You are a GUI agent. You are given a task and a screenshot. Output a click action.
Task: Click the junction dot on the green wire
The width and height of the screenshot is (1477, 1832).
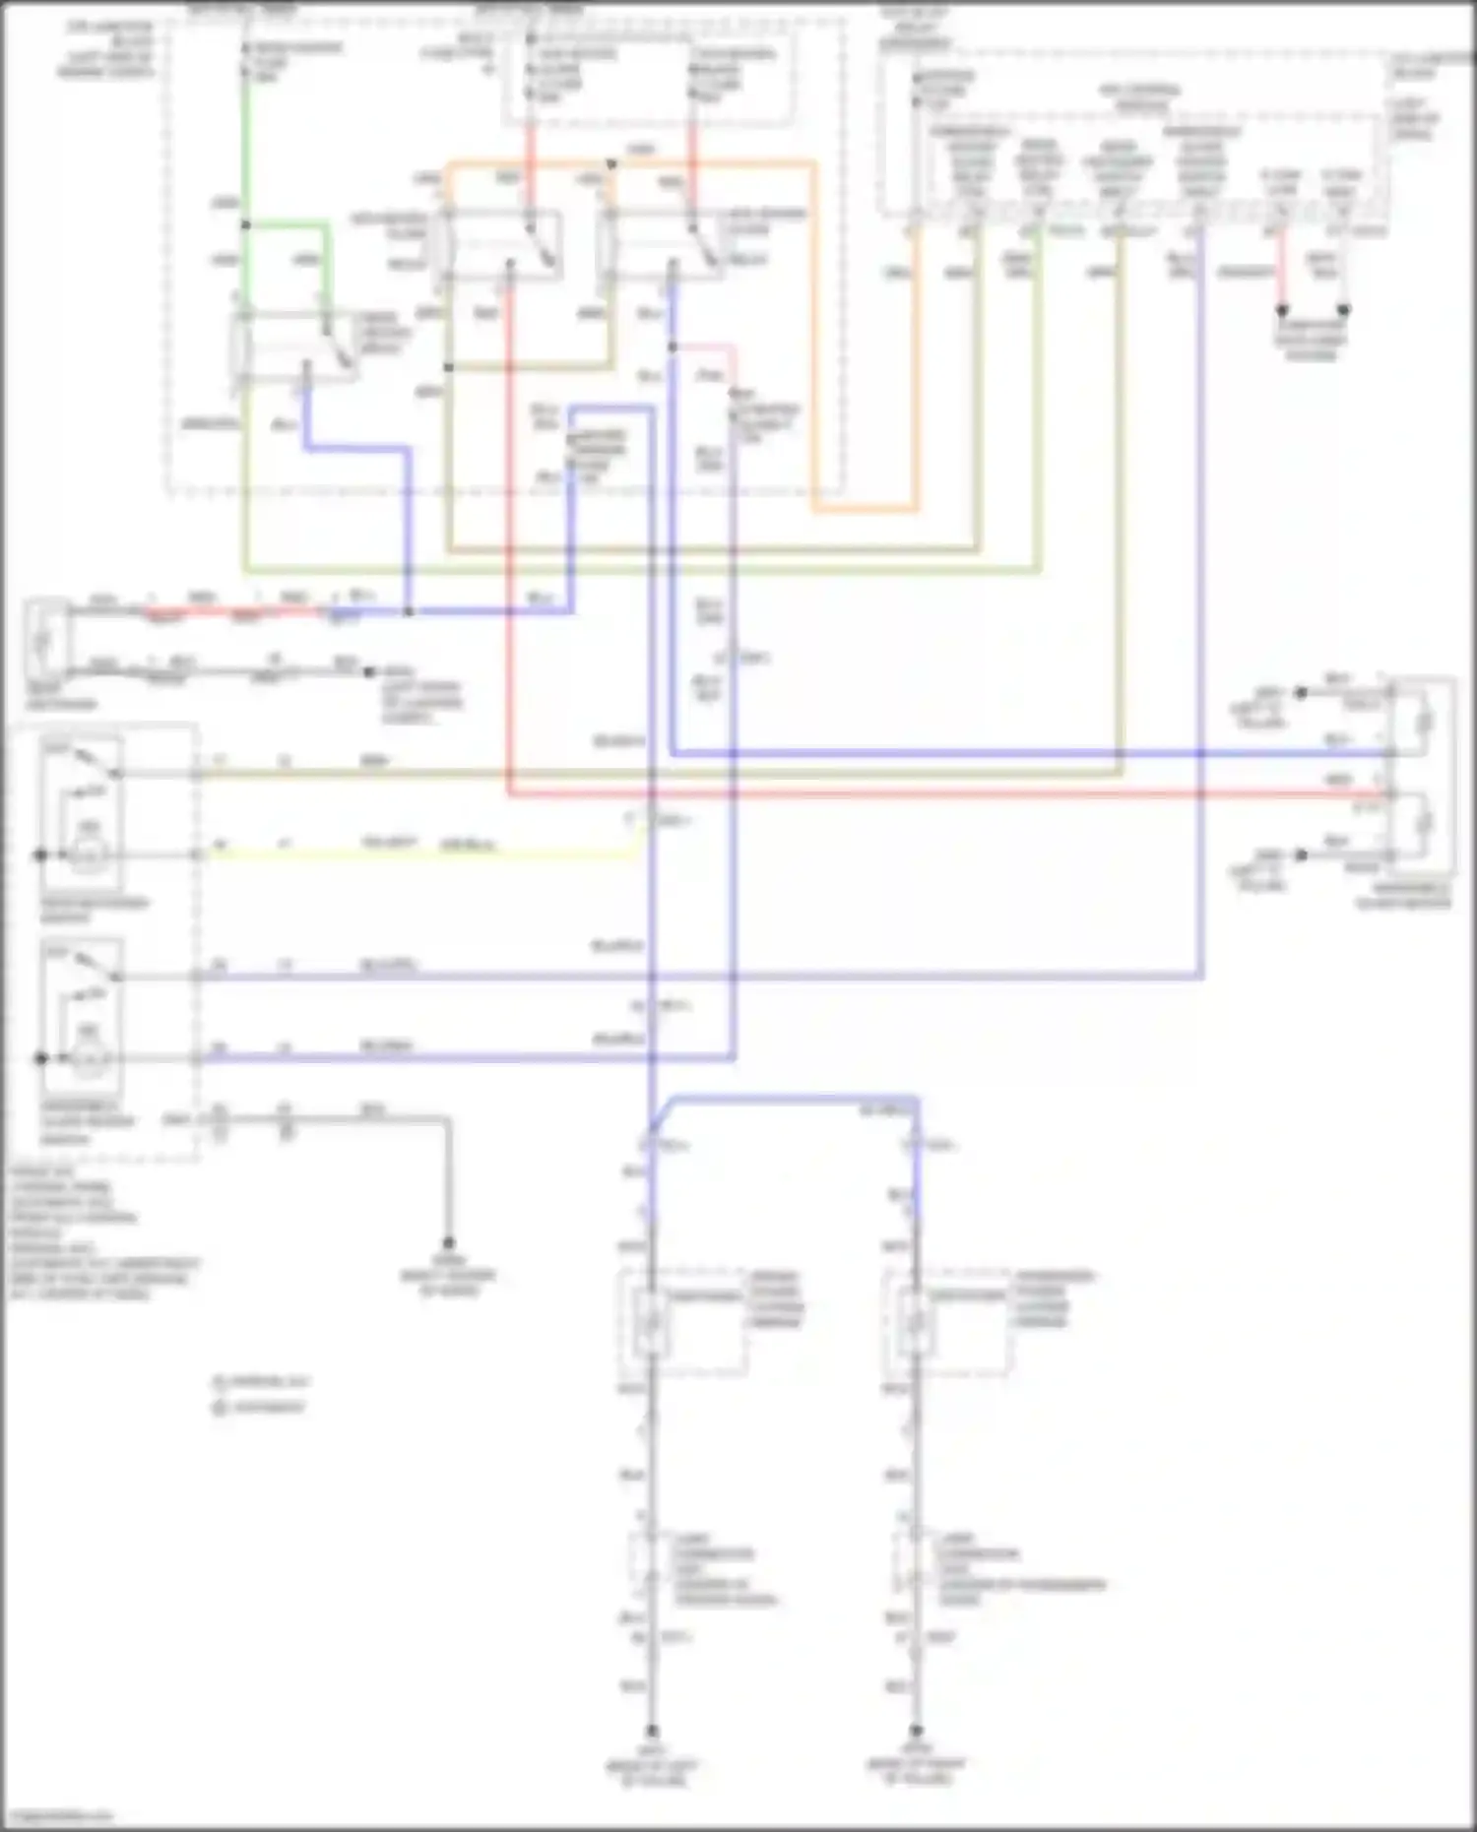[245, 225]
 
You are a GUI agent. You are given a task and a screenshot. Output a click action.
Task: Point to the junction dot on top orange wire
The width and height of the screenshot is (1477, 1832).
[611, 163]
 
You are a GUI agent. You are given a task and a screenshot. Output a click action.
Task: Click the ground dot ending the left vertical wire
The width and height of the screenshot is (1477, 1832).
[651, 1730]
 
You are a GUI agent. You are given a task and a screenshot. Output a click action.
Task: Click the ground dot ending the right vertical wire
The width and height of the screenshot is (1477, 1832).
[916, 1730]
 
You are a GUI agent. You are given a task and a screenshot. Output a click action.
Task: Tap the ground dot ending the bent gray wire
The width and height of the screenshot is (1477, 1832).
[448, 1243]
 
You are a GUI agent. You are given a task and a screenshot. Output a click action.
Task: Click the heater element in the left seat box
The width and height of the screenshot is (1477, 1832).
[650, 1324]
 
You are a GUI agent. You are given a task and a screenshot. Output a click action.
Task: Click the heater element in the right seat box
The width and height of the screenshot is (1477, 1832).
[915, 1324]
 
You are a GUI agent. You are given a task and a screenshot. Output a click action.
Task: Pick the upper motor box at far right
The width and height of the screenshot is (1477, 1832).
[1422, 723]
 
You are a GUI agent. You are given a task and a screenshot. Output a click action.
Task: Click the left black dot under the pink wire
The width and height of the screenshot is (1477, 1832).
[1282, 309]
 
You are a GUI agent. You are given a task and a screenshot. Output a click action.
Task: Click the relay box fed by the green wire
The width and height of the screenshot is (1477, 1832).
[295, 347]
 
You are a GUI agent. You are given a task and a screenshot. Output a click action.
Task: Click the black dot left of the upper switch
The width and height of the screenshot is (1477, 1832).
[40, 854]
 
